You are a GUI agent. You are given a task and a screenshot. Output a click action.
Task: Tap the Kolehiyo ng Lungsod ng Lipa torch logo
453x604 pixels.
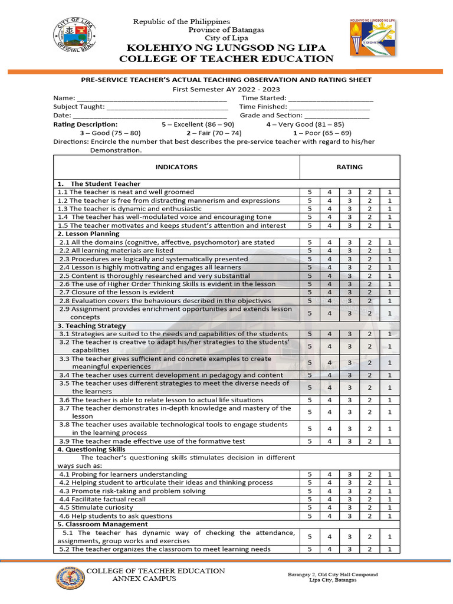pyautogui.click(x=373, y=39)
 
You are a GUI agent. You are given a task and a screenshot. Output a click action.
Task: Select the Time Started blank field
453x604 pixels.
pyautogui.click(x=331, y=99)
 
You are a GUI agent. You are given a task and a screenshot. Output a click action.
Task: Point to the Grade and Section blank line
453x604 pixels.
pyautogui.click(x=337, y=116)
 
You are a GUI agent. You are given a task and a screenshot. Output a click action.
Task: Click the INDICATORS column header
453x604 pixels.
pyautogui.click(x=176, y=167)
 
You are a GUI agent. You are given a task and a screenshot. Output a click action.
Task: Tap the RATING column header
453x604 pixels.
pyautogui.click(x=349, y=167)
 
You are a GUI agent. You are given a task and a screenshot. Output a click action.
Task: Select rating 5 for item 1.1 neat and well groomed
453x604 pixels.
pyautogui.click(x=310, y=192)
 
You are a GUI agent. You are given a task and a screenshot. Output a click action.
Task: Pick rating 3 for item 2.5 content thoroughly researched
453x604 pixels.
pyautogui.click(x=349, y=275)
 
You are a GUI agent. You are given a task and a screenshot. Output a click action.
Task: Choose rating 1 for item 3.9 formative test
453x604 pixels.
pyautogui.click(x=389, y=441)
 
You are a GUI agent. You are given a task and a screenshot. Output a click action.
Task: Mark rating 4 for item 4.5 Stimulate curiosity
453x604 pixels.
pyautogui.click(x=330, y=507)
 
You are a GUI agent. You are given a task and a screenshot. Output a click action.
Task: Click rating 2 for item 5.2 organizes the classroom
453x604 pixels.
pyautogui.click(x=369, y=549)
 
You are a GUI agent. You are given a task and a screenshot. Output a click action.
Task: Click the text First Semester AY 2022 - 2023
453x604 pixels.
pyautogui.click(x=226, y=88)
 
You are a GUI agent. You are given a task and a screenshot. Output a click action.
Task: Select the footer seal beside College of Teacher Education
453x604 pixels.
pyautogui.click(x=70, y=577)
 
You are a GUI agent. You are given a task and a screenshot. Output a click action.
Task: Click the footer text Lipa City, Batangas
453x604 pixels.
pyautogui.click(x=333, y=580)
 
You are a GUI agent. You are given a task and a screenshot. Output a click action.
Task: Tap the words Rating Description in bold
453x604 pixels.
pyautogui.click(x=86, y=124)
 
